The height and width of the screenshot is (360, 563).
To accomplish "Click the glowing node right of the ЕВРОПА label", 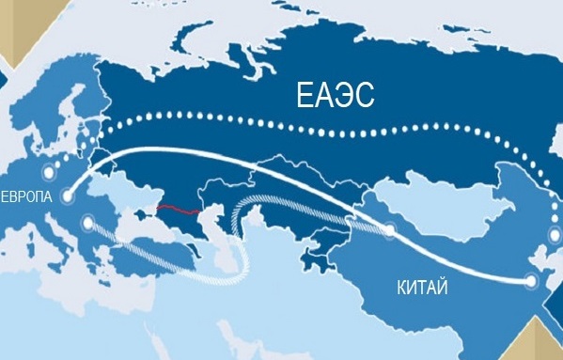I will coord(70,196).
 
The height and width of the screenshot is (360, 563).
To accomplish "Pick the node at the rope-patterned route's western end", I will coord(88,223).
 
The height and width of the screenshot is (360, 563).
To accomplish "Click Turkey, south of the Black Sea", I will coord(150,249).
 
